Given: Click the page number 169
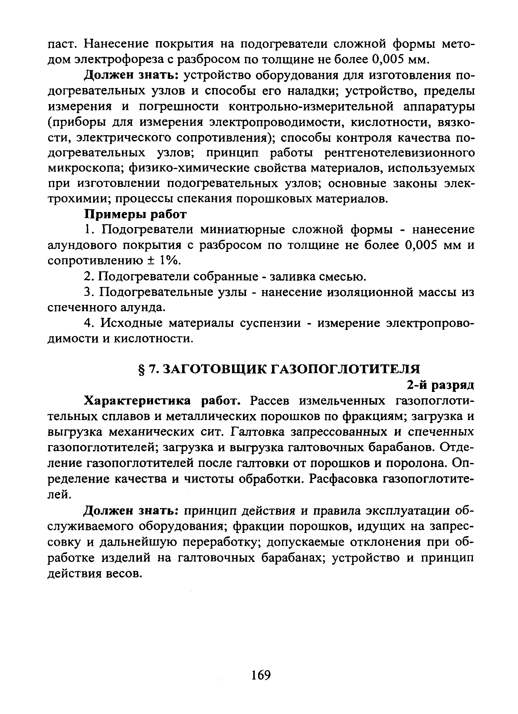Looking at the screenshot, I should [261, 675].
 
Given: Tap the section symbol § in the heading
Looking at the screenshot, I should [141, 369].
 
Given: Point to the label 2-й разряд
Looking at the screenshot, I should [440, 384].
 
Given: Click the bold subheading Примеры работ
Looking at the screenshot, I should [136, 214].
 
